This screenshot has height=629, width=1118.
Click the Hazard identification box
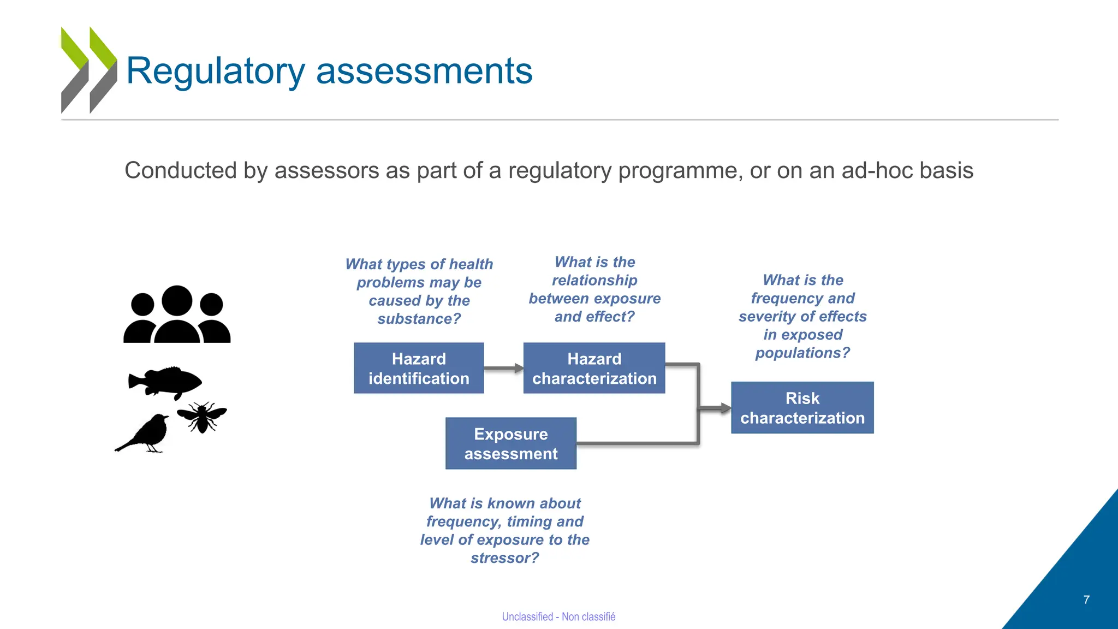tap(419, 368)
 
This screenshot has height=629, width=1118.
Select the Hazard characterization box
tap(594, 368)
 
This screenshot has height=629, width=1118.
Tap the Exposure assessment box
tap(511, 443)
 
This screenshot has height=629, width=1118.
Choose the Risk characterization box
tap(802, 408)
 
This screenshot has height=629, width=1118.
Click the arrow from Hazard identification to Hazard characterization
tap(503, 369)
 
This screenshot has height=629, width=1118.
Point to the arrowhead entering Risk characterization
tap(724, 408)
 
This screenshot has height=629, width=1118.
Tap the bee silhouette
tap(202, 417)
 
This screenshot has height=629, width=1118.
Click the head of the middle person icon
tap(177, 300)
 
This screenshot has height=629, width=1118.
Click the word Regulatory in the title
tap(216, 71)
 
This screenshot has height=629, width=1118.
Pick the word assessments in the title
tap(424, 71)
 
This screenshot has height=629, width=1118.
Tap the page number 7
tap(1086, 600)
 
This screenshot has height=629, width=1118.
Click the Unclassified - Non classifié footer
tap(558, 616)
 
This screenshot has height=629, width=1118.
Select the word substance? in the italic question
tap(419, 318)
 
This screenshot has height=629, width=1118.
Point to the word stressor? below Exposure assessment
tap(504, 557)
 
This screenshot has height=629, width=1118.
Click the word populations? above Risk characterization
tap(802, 353)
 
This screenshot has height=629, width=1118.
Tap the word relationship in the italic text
tap(594, 280)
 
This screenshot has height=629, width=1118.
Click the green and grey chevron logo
tap(88, 70)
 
